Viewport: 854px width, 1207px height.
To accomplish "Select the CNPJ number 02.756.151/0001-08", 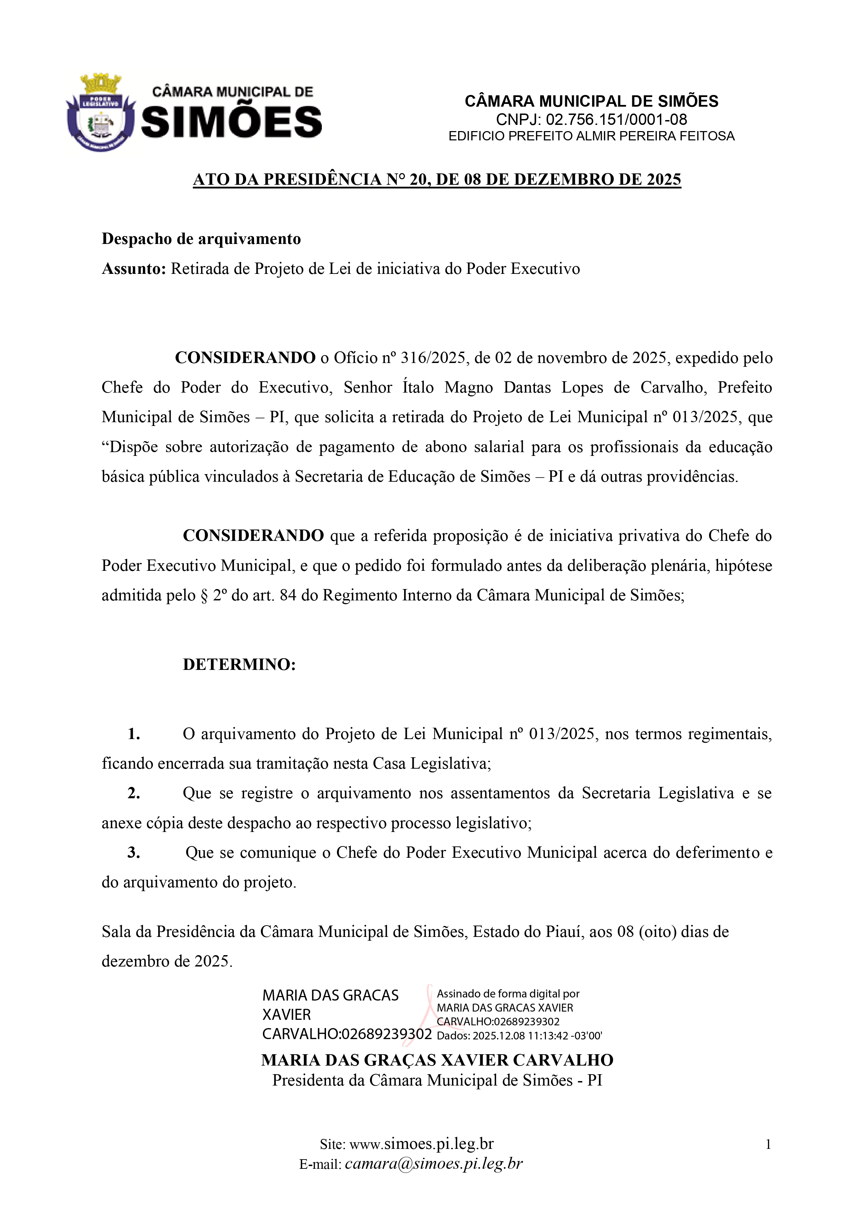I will point(616,119).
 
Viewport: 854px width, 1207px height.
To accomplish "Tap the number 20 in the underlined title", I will point(419,180).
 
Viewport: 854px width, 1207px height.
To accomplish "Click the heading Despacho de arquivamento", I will point(201,239).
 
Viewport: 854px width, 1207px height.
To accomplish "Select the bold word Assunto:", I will point(134,269).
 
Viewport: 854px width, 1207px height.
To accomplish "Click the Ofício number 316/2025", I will point(433,358).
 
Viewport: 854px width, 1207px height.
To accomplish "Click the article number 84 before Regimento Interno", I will point(288,595).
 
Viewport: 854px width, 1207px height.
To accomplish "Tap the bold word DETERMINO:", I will point(239,664).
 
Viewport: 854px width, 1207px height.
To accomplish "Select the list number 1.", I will point(134,734).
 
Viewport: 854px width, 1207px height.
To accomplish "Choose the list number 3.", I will point(134,852).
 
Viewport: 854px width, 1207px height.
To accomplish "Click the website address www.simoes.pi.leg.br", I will point(421,1144).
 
